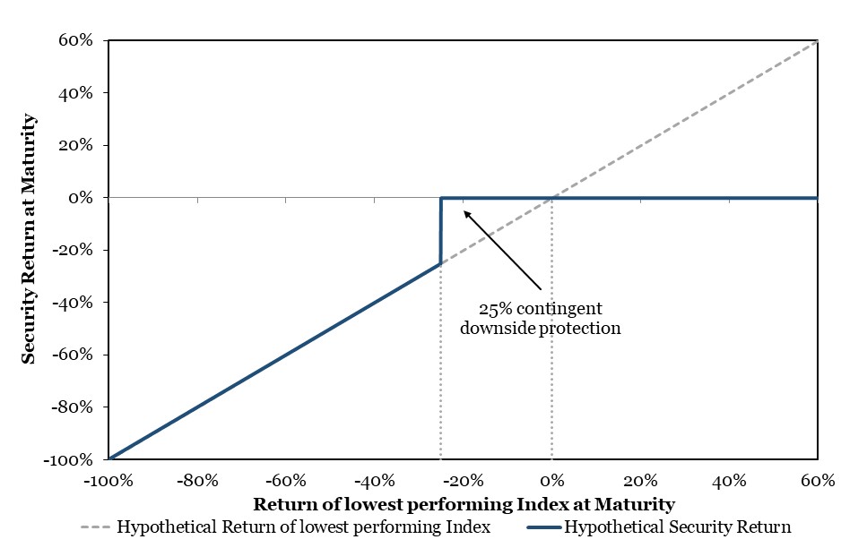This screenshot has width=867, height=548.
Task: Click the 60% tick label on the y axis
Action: click(76, 40)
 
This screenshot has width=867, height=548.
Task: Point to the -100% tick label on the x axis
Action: click(108, 481)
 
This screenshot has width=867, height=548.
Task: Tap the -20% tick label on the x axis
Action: click(464, 481)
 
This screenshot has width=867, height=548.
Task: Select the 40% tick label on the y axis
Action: click(76, 93)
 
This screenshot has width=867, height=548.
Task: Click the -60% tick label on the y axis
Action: click(72, 354)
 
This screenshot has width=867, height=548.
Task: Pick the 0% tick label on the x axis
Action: click(551, 481)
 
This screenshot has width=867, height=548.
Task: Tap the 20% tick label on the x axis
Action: click(640, 481)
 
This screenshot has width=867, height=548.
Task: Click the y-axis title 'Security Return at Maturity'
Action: click(28, 239)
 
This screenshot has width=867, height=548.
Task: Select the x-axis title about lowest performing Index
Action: click(464, 504)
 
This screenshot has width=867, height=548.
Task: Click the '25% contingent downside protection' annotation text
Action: click(541, 318)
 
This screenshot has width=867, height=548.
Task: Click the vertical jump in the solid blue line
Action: click(441, 231)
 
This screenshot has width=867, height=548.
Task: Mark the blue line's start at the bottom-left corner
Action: click(109, 458)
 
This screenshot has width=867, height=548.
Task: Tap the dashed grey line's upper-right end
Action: click(817, 41)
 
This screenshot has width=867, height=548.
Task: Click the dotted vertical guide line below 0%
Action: click(551, 328)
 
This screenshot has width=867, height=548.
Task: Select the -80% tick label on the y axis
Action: click(72, 407)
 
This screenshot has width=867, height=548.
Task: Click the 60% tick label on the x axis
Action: click(818, 481)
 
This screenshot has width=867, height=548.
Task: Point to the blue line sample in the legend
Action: click(544, 527)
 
